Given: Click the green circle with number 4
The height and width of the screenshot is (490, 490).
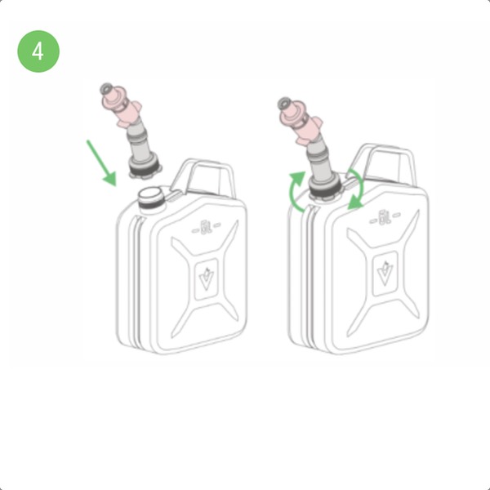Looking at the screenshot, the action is tap(38, 51).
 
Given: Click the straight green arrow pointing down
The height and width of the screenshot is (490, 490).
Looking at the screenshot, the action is tap(101, 163).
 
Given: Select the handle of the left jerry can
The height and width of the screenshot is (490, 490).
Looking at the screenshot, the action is tap(203, 177).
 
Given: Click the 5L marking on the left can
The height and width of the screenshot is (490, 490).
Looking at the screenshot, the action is tap(207, 227).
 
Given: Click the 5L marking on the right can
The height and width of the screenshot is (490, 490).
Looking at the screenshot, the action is tap(385, 217).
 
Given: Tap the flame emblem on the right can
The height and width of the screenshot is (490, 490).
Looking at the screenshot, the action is tap(385, 272).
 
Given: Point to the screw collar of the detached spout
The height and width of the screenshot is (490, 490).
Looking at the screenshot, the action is tap(145, 167).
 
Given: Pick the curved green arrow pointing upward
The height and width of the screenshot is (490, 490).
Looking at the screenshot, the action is tap(297, 191).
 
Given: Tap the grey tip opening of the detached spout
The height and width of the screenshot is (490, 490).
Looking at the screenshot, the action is tap(106, 89).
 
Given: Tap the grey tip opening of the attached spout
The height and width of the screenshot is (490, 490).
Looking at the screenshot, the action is tap(284, 103).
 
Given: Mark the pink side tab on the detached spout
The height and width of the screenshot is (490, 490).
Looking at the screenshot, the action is tap(136, 105).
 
